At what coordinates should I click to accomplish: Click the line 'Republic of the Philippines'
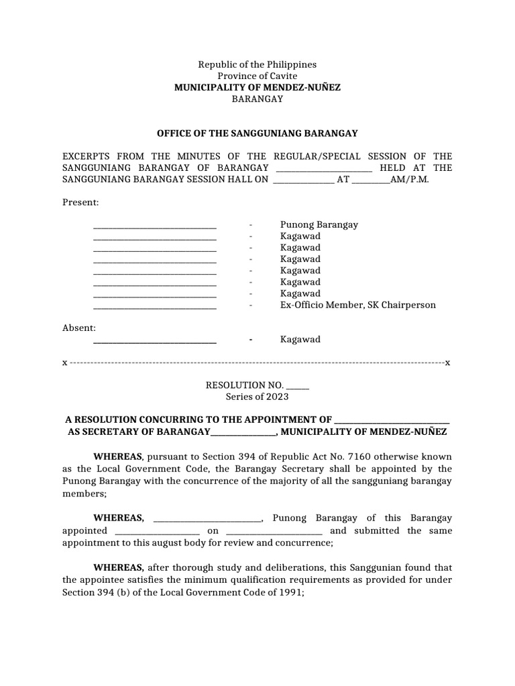click(257, 64)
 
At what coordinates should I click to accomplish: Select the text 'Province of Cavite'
click(257, 76)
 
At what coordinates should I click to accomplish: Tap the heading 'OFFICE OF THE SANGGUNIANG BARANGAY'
click(257, 133)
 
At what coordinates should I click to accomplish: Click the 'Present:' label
click(80, 202)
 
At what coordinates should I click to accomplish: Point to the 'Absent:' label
click(79, 328)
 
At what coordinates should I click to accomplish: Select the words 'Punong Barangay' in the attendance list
click(319, 225)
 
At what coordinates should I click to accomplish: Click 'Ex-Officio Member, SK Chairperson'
click(357, 305)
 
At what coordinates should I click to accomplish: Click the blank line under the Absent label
click(154, 342)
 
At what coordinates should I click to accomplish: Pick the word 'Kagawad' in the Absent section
click(300, 340)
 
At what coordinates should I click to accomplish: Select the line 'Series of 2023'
click(257, 397)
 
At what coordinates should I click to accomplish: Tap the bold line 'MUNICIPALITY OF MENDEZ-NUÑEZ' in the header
click(257, 87)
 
